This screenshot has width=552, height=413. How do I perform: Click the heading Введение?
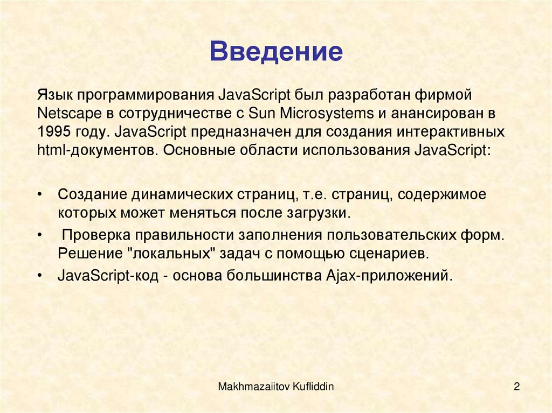pyautogui.click(x=276, y=53)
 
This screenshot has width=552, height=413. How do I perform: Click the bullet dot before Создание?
pyautogui.click(x=41, y=194)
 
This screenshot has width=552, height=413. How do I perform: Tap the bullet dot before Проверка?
pyautogui.click(x=41, y=236)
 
